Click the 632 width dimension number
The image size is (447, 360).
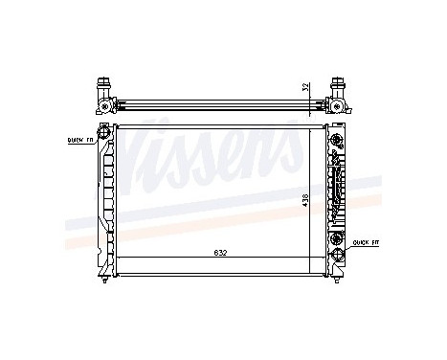click(x=221, y=254)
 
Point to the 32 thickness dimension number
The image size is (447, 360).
click(x=305, y=86)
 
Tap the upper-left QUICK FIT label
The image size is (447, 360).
click(x=80, y=139)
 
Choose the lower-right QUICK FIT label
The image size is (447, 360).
click(x=364, y=242)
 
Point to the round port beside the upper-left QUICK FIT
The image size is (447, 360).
click(x=101, y=141)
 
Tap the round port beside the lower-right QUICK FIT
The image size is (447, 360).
click(x=337, y=241)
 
